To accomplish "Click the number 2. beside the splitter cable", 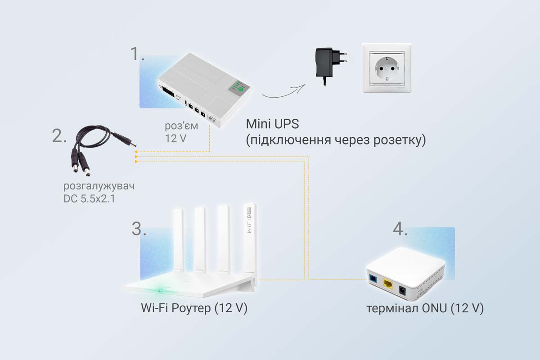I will coord(59,135).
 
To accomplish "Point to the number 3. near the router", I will coord(139,229).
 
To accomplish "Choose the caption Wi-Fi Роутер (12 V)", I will coord(194,310).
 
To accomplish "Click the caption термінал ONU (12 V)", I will coord(424,309).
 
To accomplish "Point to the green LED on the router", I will coord(158,289).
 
